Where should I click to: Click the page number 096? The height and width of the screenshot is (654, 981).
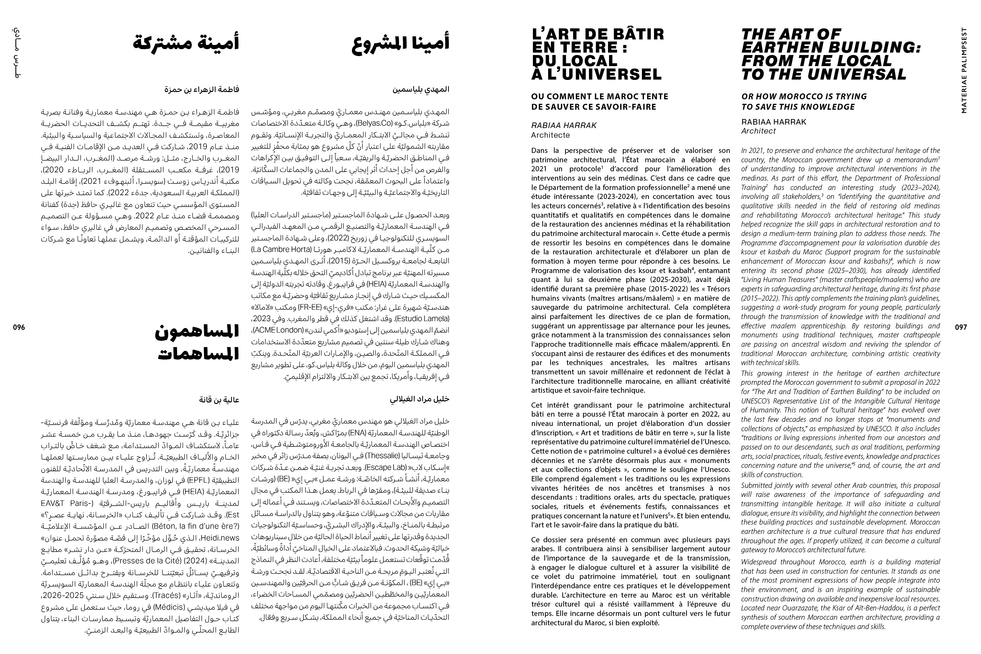click(19, 327)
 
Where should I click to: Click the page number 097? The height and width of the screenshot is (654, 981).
click(961, 327)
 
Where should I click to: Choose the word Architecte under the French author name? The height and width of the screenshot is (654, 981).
click(550, 135)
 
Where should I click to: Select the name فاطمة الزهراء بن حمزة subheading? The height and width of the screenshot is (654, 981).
click(202, 89)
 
